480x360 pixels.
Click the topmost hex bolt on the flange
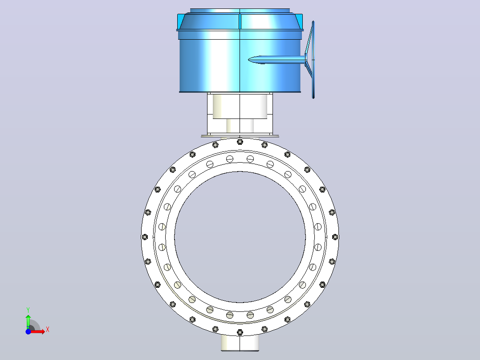coord(240,142)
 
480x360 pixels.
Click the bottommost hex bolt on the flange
coord(240,332)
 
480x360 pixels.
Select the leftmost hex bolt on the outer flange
coord(145,237)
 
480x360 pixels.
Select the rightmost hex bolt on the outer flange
coord(335,237)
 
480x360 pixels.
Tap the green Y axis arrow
coord(28,322)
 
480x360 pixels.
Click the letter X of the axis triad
coord(48,330)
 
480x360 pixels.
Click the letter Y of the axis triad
coord(28,310)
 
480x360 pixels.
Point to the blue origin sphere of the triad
coord(28,331)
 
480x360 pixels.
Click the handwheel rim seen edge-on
coord(313,60)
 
